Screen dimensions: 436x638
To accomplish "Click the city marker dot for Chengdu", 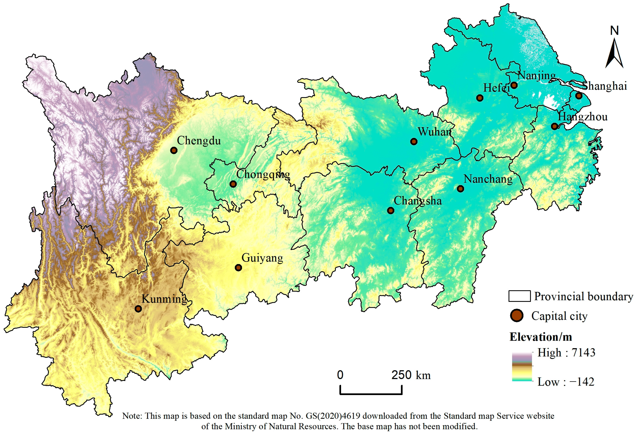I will (174, 150).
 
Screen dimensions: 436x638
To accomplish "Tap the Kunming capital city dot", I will (138, 309).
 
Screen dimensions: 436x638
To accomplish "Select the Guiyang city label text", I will (262, 258).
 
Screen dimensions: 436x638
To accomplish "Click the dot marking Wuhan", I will (414, 142).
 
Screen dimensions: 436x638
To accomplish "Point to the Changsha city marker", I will (390, 211).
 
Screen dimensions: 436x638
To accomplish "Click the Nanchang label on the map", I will (488, 179).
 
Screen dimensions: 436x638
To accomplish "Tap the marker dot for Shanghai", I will (579, 96).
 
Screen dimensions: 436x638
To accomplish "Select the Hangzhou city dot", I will (554, 126).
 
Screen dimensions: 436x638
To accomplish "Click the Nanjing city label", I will (536, 75).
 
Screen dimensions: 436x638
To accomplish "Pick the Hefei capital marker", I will (480, 98).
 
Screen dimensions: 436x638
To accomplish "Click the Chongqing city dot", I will (233, 184).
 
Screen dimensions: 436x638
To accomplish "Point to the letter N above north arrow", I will (614, 31).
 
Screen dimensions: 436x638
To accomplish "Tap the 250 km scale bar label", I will (411, 375).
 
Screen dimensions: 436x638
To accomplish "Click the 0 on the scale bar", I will (340, 375).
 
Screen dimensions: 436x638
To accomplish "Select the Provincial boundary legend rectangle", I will (519, 296).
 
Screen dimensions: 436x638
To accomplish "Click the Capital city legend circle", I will (517, 315).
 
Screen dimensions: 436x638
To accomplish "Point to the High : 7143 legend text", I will (566, 353).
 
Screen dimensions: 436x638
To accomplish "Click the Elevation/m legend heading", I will (540, 337).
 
